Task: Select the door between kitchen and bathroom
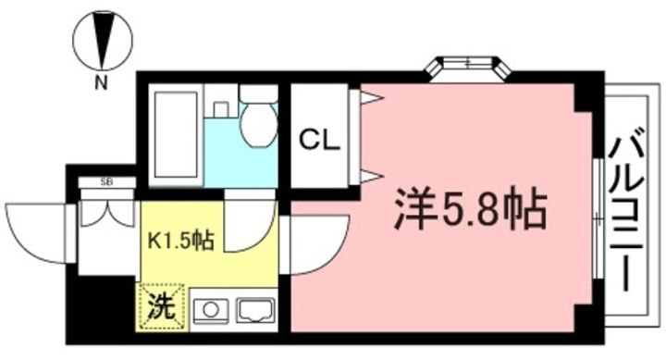click(248, 226)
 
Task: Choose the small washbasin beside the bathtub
click(220, 107)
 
